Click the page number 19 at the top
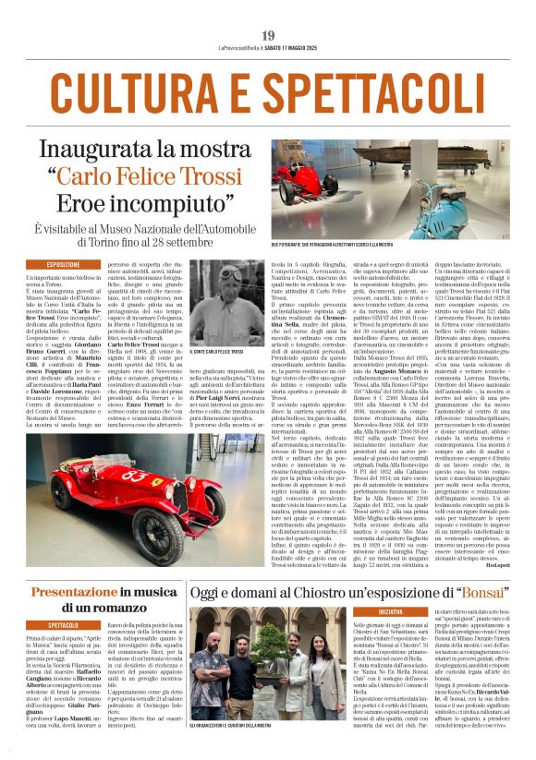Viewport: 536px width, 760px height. coord(268,36)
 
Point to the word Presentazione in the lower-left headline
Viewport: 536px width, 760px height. coord(76,590)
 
